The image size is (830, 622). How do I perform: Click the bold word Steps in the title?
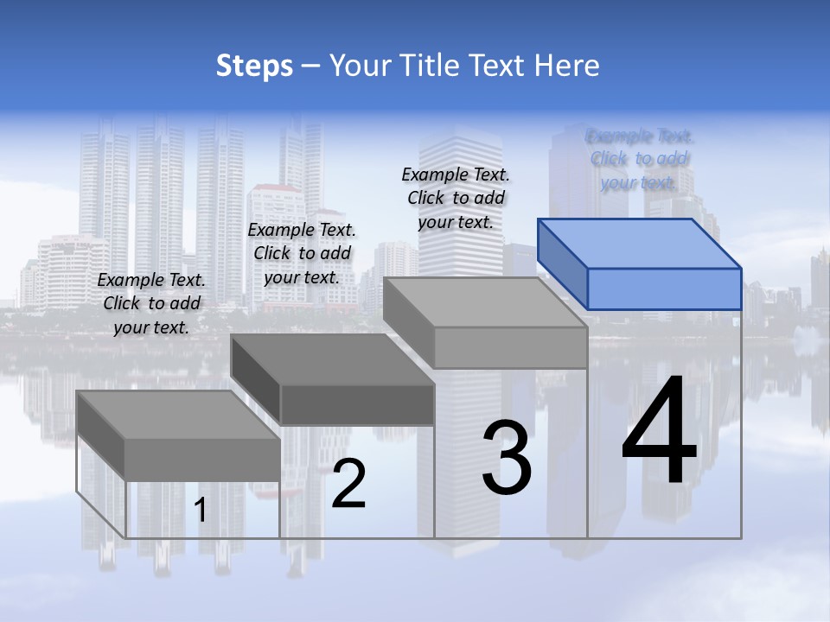(x=254, y=66)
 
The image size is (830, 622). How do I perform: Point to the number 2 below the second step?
(x=348, y=484)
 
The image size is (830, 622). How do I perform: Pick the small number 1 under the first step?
(x=201, y=511)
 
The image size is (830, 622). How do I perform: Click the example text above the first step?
(x=152, y=303)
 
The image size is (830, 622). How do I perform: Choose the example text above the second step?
(x=302, y=253)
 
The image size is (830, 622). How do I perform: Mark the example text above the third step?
(x=456, y=198)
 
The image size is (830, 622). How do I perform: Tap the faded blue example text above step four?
(x=640, y=159)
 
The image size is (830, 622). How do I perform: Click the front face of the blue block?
(x=664, y=289)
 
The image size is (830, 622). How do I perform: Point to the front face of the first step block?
(x=202, y=459)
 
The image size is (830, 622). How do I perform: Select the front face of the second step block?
(x=357, y=404)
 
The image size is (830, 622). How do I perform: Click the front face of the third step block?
(x=510, y=347)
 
